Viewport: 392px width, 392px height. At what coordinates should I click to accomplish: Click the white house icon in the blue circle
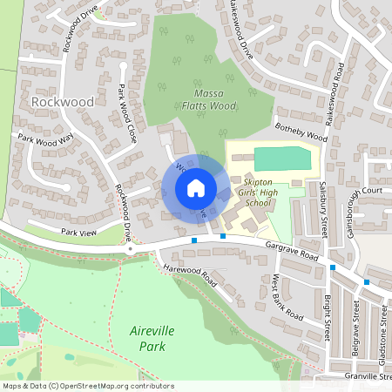point(196,188)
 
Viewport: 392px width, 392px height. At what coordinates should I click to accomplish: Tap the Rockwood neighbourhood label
point(62,102)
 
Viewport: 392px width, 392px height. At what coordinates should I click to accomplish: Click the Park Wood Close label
point(129,112)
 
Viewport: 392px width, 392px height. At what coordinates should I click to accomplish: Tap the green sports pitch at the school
point(281,159)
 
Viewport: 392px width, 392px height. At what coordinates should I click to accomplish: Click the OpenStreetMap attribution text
point(87,385)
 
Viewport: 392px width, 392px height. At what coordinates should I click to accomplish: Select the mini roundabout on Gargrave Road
point(130,249)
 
